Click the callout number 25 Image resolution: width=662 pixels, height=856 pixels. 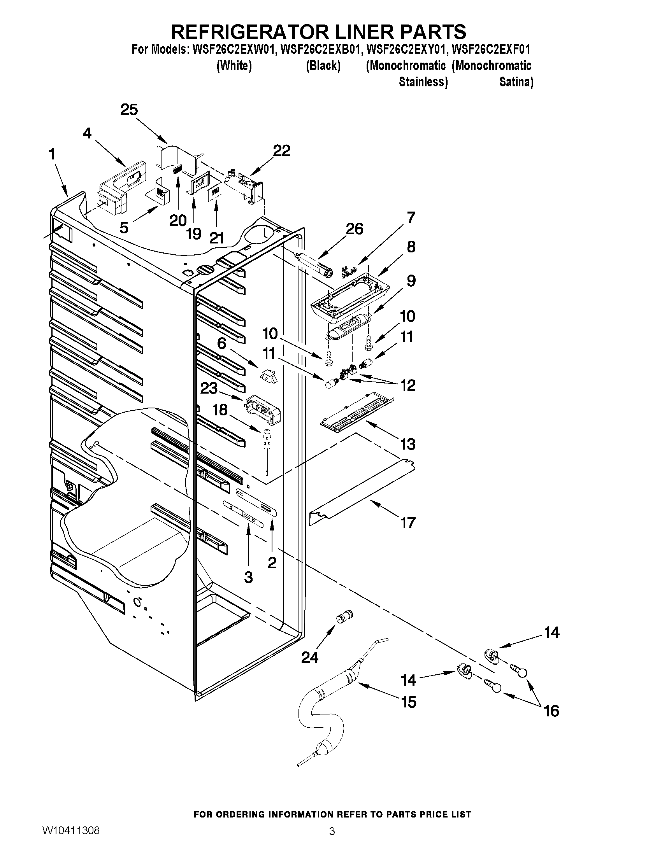(129, 110)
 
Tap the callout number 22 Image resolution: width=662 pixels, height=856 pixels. (281, 151)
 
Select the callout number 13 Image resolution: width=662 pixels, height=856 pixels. (408, 444)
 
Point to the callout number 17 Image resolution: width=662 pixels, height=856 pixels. (408, 522)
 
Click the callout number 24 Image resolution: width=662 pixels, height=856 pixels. (310, 658)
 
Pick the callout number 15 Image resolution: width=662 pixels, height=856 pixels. (408, 702)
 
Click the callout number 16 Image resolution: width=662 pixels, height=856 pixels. (551, 710)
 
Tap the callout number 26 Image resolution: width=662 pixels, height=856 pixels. (355, 229)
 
